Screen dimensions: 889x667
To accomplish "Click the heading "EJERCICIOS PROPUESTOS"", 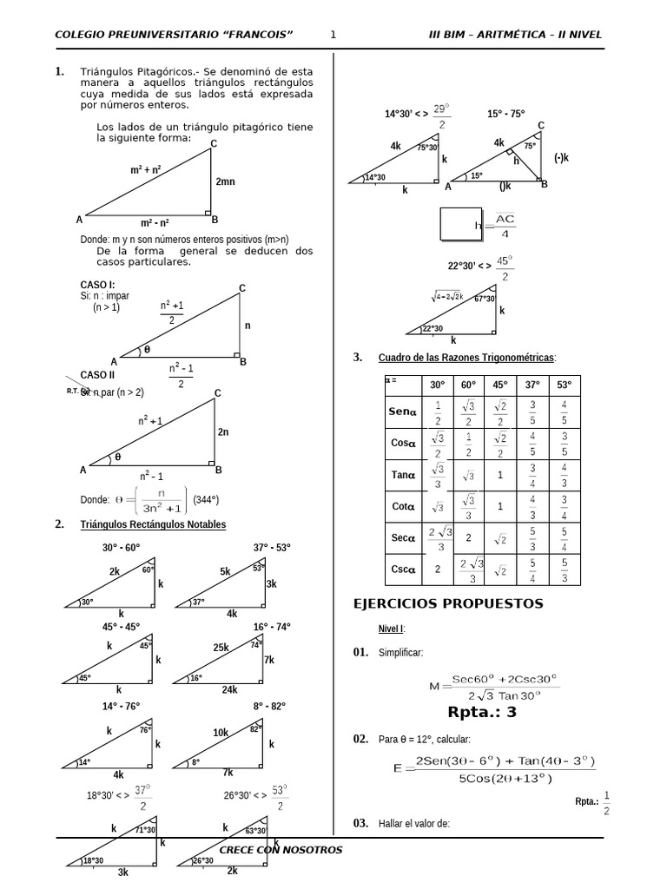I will click(448, 603).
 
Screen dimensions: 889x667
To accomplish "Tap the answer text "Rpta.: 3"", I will click(482, 713).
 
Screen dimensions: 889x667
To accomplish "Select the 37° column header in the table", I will click(532, 385).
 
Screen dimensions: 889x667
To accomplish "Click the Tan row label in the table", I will click(404, 475).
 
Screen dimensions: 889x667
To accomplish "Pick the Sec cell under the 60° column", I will click(468, 538).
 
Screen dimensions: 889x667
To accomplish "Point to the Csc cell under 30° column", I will click(437, 570).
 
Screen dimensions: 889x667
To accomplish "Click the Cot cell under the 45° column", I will click(500, 506).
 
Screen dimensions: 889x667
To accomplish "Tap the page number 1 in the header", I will click(333, 35).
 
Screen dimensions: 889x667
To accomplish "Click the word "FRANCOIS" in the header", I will click(258, 35).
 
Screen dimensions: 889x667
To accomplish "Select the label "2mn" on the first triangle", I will click(226, 182).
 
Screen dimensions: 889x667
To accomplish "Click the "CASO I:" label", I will click(97, 285).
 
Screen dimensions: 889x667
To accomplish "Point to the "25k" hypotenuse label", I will click(221, 648).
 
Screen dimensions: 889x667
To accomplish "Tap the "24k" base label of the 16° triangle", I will click(229, 689).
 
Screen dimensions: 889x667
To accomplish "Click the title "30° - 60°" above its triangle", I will click(121, 548).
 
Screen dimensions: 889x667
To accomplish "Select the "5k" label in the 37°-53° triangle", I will click(225, 572).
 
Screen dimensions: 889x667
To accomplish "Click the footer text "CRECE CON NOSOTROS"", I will click(281, 850).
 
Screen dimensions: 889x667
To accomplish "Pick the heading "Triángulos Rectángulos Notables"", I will click(154, 524).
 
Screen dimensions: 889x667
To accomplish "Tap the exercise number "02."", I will click(360, 739).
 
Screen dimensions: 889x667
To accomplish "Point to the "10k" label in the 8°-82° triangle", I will click(221, 733).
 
